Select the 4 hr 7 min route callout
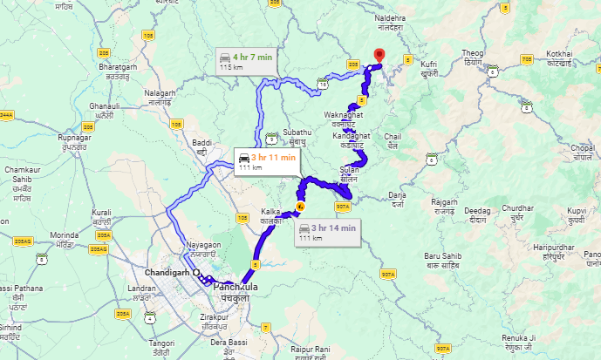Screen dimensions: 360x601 246,61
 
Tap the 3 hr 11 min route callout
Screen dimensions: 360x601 266,161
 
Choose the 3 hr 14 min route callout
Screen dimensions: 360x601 326,232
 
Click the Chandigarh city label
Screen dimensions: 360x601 170,271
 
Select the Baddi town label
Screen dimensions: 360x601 202,145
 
